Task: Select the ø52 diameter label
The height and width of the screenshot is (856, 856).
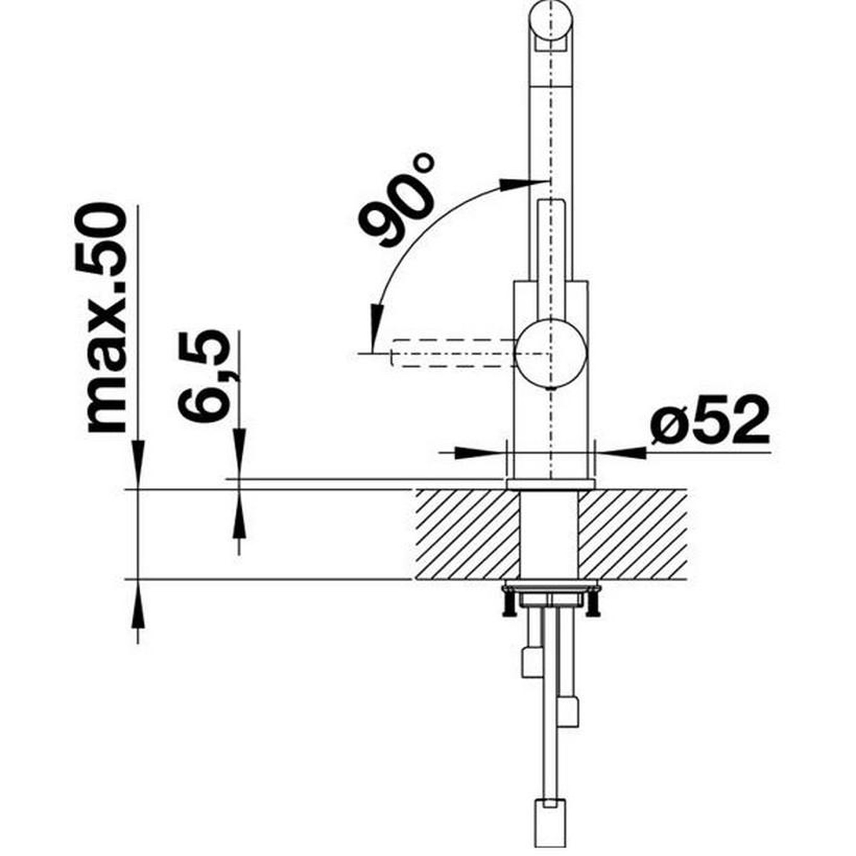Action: click(709, 421)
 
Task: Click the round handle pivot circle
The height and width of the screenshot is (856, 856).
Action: click(551, 353)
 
